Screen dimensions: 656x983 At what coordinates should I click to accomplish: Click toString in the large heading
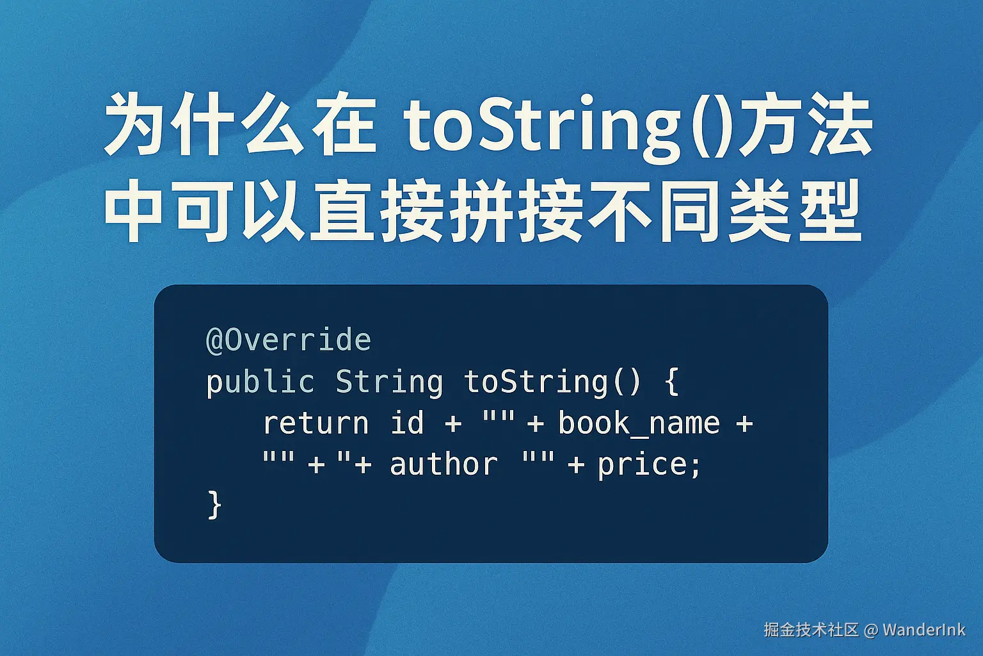point(541,127)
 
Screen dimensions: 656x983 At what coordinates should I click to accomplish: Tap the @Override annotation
point(289,340)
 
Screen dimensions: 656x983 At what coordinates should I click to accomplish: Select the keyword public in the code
point(260,382)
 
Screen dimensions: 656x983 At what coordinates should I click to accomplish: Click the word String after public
point(389,382)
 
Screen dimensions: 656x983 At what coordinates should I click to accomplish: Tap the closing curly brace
point(214,505)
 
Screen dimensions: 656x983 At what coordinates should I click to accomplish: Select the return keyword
point(316,423)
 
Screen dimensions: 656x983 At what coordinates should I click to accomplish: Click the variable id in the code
point(407,423)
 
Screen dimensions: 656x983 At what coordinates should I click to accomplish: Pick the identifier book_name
point(639,423)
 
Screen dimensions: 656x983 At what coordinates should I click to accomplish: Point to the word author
point(443,464)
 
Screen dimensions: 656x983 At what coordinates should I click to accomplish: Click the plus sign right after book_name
point(744,423)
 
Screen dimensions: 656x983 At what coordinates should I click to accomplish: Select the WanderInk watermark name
point(923,630)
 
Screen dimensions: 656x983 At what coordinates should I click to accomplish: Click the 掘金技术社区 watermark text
point(811,630)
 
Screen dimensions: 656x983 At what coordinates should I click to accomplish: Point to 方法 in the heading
point(806,127)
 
